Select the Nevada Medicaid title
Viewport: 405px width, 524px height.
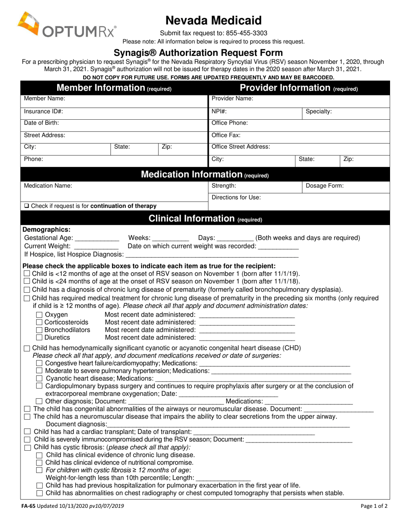214,20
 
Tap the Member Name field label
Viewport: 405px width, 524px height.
44,98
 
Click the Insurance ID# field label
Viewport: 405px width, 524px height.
43,112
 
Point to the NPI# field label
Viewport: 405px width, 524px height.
219,112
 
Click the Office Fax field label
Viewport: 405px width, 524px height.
226,135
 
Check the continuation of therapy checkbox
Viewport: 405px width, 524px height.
26,206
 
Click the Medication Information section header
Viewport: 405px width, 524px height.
205,175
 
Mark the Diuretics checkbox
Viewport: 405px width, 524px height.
39,338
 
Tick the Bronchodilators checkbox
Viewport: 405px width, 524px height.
39,330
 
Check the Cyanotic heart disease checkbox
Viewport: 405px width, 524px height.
39,379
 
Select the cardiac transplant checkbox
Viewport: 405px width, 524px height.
27,432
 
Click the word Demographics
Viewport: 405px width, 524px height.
46,230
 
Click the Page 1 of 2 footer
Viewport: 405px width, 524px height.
373,507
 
